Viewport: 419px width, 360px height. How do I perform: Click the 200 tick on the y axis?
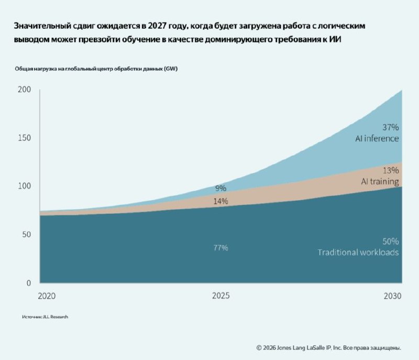(24, 89)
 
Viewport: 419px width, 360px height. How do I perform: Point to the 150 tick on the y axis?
(24, 138)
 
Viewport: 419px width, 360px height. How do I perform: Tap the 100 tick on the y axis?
(24, 186)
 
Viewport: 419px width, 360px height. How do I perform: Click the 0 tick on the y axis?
(29, 283)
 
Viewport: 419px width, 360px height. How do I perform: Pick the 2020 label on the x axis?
(47, 296)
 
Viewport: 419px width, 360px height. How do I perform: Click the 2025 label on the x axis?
(220, 296)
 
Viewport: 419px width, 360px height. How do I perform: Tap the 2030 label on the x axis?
(392, 296)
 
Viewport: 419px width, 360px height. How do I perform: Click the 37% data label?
(390, 127)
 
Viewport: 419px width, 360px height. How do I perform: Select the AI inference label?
(377, 138)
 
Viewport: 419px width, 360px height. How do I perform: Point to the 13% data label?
(391, 170)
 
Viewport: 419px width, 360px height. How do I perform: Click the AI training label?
(380, 181)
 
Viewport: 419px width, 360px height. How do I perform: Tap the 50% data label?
(390, 242)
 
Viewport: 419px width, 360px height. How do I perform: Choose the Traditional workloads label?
(358, 252)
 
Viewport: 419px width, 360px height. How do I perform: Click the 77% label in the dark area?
(220, 248)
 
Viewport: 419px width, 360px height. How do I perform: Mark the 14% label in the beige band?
(220, 201)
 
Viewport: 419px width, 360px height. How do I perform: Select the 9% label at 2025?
(220, 188)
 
